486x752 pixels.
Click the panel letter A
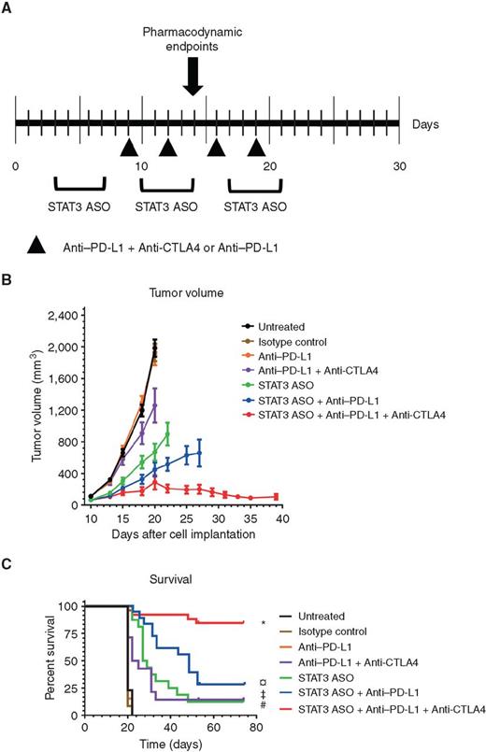[x=8, y=8]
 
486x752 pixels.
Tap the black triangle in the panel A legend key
[x=36, y=246]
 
